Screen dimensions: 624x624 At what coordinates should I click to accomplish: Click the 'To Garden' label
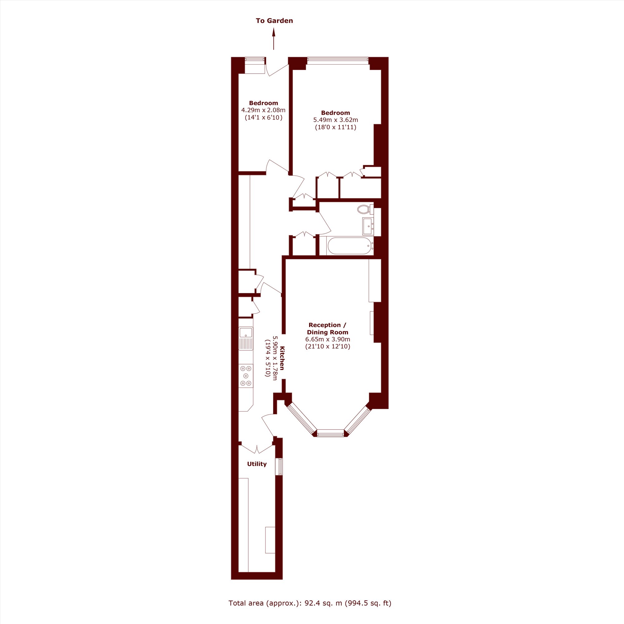[x=274, y=21]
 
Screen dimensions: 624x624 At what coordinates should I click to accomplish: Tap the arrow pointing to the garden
[x=274, y=39]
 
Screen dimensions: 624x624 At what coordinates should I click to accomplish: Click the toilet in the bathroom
[x=365, y=209]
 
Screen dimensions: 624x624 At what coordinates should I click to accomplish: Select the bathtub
[x=350, y=246]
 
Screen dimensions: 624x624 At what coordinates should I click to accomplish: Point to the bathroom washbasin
[x=368, y=226]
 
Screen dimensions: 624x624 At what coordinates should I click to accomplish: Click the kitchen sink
[x=246, y=339]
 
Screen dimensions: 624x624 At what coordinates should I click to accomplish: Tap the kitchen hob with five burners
[x=246, y=376]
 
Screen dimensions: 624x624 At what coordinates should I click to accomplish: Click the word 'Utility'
[x=257, y=464]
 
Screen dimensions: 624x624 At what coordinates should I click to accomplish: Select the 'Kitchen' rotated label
[x=282, y=358]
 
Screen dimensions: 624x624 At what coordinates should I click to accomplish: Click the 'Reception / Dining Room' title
[x=328, y=329]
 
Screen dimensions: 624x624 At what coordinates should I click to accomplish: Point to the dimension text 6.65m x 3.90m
[x=328, y=339]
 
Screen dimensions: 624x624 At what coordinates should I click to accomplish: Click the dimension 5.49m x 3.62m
[x=336, y=120]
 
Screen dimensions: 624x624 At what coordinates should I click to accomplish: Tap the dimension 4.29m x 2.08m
[x=263, y=110]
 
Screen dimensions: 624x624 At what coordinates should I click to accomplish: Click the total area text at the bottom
[x=310, y=603]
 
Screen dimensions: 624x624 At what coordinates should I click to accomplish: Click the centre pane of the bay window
[x=330, y=433]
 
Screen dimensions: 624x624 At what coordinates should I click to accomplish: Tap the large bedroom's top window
[x=338, y=59]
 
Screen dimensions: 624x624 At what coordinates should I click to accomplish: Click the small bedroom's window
[x=255, y=59]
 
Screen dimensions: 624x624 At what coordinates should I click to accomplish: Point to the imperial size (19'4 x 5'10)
[x=267, y=358]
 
